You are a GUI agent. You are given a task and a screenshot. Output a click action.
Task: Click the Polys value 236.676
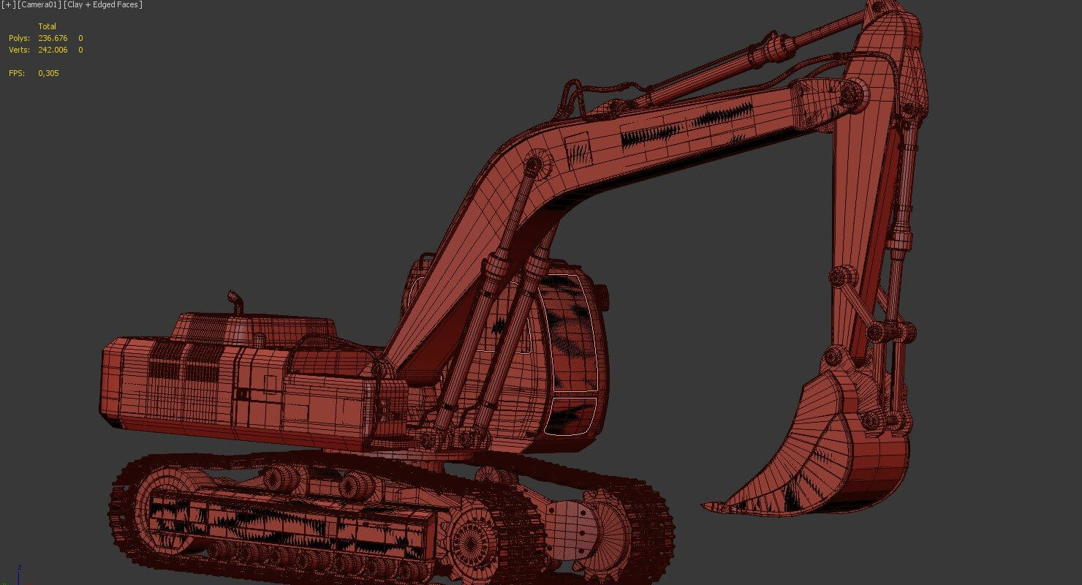pos(53,38)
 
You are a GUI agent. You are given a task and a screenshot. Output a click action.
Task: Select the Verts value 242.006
pos(53,50)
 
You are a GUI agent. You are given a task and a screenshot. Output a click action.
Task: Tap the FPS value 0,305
pos(48,73)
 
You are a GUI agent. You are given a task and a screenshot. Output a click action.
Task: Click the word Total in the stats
pos(47,26)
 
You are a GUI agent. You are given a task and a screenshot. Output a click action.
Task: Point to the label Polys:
pos(19,38)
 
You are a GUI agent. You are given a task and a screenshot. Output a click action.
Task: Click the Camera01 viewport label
pos(39,5)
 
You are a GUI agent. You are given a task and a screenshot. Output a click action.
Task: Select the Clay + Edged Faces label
pos(103,5)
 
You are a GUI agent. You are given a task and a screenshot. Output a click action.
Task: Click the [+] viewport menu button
pos(8,5)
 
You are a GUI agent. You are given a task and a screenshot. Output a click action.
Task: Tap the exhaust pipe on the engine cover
pos(235,303)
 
